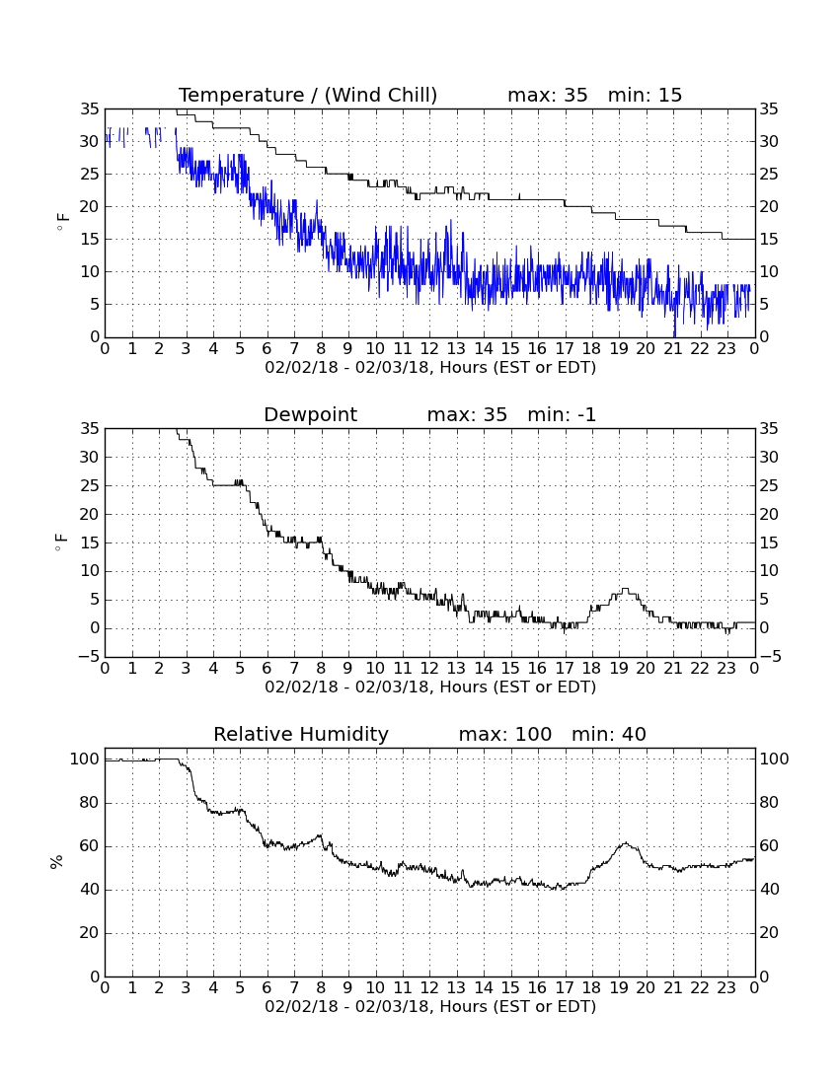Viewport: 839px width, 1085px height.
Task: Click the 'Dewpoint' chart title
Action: (x=310, y=415)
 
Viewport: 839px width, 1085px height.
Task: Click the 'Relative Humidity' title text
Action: (x=300, y=734)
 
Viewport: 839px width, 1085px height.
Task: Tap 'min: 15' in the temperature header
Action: (x=645, y=95)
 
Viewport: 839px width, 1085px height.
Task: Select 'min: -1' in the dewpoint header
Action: (x=562, y=415)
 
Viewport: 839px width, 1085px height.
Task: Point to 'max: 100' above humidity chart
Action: (x=504, y=734)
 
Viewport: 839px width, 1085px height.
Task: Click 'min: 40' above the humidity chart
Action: (x=608, y=734)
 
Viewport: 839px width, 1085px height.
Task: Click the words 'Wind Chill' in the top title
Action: (x=380, y=95)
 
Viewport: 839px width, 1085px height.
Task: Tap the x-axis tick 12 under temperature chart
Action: (x=429, y=349)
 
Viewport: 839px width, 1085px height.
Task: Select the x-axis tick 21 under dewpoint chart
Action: (x=673, y=669)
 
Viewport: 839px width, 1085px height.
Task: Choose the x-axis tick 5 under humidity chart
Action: (x=240, y=988)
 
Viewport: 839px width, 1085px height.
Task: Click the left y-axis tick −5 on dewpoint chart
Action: (x=89, y=657)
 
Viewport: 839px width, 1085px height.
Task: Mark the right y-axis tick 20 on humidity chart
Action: (x=769, y=933)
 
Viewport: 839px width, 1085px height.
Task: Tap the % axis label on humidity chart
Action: (x=56, y=862)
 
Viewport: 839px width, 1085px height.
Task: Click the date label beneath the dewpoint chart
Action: (x=430, y=687)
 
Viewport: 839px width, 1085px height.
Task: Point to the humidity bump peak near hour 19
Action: (x=625, y=842)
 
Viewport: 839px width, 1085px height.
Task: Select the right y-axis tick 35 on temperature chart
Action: (x=769, y=108)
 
